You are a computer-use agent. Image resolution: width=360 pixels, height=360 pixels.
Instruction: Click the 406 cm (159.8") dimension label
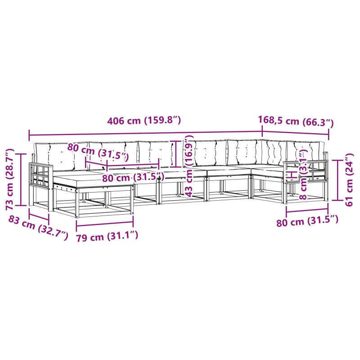coord(144,120)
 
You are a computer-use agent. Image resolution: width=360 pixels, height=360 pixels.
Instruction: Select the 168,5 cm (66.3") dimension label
coord(296,121)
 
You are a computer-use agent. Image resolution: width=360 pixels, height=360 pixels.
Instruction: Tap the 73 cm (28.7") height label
coord(10,179)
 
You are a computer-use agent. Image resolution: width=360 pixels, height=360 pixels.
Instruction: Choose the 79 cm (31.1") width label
coord(107,237)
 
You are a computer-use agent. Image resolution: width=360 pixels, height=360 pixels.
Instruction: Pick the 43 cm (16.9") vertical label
coord(189,166)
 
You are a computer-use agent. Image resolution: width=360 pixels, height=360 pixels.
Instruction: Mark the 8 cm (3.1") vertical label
coord(303,174)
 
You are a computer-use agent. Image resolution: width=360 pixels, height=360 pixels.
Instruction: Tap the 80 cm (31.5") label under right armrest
coord(307,221)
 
